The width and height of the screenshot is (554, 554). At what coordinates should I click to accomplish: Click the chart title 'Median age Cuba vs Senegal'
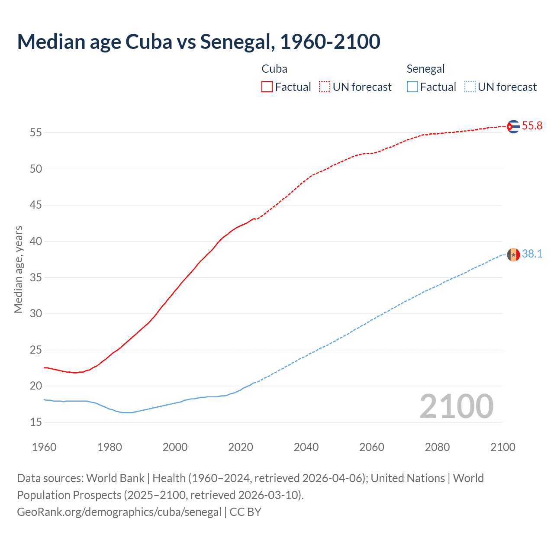point(198,42)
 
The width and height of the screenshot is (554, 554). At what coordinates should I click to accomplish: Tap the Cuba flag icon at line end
point(513,126)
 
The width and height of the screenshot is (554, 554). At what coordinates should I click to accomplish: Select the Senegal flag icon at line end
point(513,254)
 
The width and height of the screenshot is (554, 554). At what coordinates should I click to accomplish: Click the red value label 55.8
point(532,126)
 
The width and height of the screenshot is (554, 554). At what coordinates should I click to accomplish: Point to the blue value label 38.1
point(532,254)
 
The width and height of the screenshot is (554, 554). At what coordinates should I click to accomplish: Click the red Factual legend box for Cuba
point(267,87)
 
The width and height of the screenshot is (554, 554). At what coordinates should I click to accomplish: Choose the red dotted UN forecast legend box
point(325,87)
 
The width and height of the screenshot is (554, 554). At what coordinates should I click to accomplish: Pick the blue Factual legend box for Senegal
point(412,87)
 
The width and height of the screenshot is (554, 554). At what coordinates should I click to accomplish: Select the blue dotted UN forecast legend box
point(470,87)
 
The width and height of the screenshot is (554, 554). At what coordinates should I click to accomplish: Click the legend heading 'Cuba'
point(274,69)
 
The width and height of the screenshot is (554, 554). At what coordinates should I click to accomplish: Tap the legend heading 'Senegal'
point(425,69)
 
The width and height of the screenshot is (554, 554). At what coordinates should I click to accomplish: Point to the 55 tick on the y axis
point(36,133)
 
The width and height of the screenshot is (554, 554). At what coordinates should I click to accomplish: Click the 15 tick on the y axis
point(36,422)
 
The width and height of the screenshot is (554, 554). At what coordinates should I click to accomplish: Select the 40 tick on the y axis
point(36,241)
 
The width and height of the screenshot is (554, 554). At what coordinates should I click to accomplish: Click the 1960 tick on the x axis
point(44,447)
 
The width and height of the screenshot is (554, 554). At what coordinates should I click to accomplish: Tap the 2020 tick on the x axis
point(241,447)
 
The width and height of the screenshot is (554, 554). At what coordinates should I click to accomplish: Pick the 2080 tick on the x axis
point(437,447)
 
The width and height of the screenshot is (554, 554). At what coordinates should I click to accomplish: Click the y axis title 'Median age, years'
point(18,269)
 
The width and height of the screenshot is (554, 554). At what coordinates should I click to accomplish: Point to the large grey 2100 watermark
point(456,406)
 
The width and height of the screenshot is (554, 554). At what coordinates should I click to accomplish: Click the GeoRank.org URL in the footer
point(119,512)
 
